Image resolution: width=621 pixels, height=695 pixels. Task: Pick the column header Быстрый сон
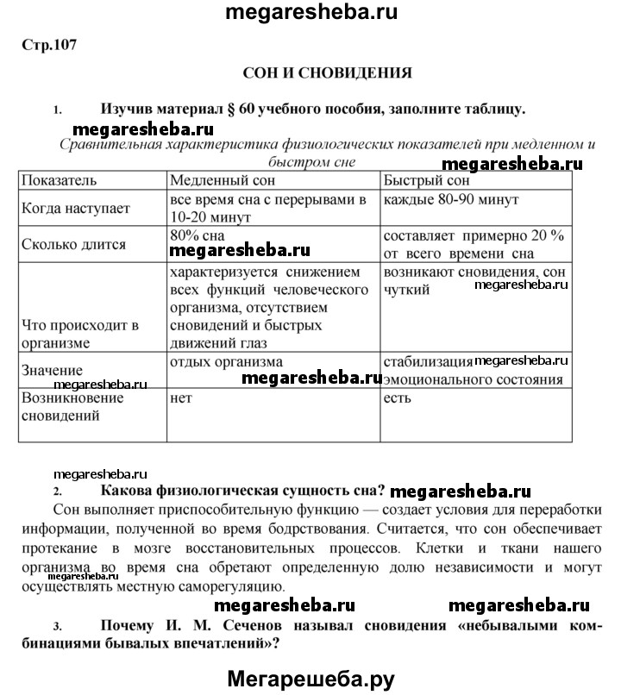[426, 181]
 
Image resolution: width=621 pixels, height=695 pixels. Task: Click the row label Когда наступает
[76, 209]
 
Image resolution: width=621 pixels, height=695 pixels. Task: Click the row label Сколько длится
[74, 244]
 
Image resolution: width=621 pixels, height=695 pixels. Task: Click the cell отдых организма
[226, 362]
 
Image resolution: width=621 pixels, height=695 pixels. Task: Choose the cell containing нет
[180, 398]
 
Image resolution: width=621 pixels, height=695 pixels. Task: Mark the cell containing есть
[398, 398]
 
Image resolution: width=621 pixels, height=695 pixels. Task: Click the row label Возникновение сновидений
[72, 406]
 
